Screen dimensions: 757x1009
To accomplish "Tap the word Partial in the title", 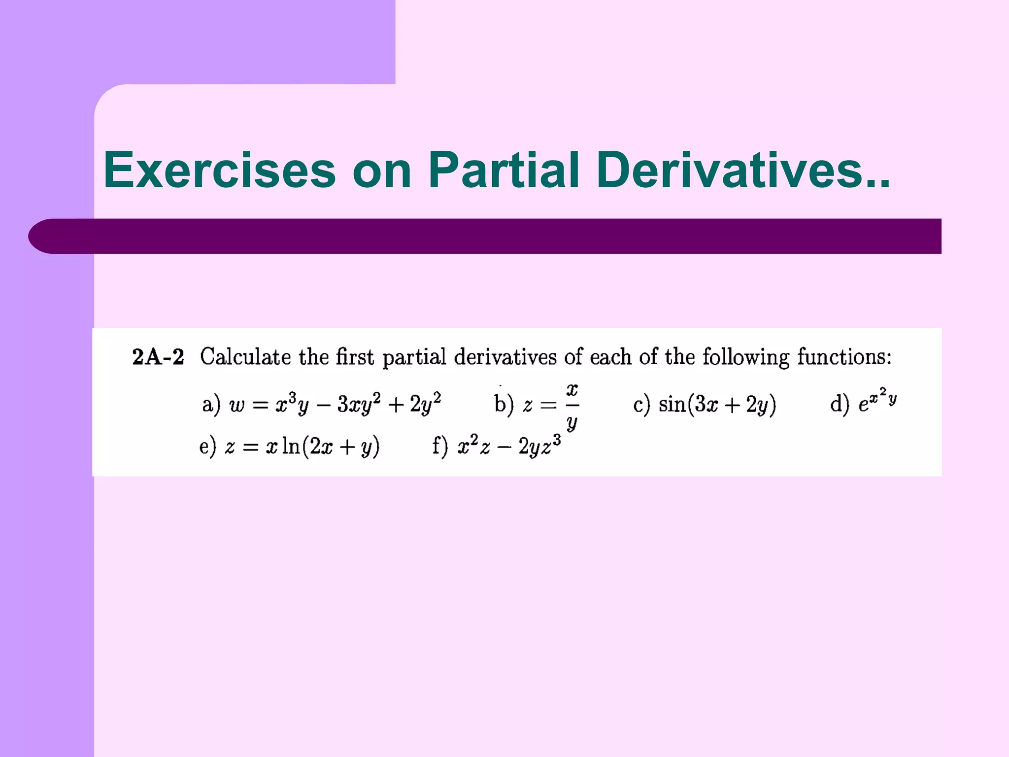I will pyautogui.click(x=504, y=170).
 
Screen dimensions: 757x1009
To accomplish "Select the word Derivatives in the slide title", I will pyautogui.click(x=734, y=170).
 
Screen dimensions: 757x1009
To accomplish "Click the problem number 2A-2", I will pyautogui.click(x=158, y=357).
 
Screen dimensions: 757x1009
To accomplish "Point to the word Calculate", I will pyautogui.click(x=245, y=357).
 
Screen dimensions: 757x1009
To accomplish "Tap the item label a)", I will pyautogui.click(x=211, y=405).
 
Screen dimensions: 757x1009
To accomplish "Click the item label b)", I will pyautogui.click(x=504, y=405).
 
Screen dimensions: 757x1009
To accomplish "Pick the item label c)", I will pyautogui.click(x=642, y=405).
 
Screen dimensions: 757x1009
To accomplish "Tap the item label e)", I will pyautogui.click(x=207, y=447).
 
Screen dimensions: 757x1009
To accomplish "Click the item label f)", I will pyautogui.click(x=440, y=447).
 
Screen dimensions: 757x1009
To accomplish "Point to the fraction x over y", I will pyautogui.click(x=572, y=406).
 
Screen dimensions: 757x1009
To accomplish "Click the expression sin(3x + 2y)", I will pyautogui.click(x=717, y=405).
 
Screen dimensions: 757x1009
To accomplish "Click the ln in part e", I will pyautogui.click(x=291, y=446).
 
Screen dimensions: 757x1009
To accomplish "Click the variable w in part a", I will pyautogui.click(x=237, y=406).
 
